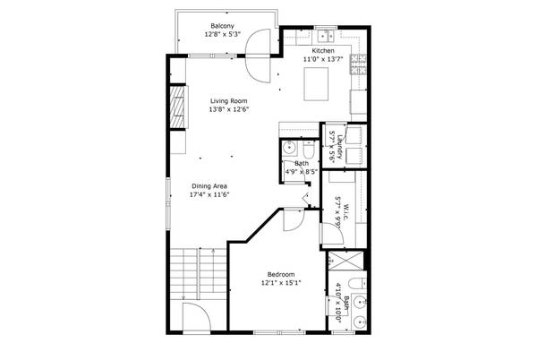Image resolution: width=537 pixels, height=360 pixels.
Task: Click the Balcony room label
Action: pyautogui.click(x=222, y=25)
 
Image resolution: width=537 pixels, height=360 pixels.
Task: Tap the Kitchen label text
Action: pyautogui.click(x=322, y=51)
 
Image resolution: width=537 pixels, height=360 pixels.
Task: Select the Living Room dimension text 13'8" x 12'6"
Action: pyautogui.click(x=228, y=110)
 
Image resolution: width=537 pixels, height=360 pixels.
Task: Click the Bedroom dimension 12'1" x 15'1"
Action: pyautogui.click(x=281, y=283)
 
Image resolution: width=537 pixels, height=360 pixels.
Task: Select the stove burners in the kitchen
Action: pyautogui.click(x=358, y=63)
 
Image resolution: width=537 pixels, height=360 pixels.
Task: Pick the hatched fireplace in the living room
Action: pyautogui.click(x=179, y=109)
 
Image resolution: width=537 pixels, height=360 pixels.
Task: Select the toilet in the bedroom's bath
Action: pyautogui.click(x=356, y=289)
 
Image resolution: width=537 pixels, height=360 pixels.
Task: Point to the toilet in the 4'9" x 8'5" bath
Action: pyautogui.click(x=308, y=150)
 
